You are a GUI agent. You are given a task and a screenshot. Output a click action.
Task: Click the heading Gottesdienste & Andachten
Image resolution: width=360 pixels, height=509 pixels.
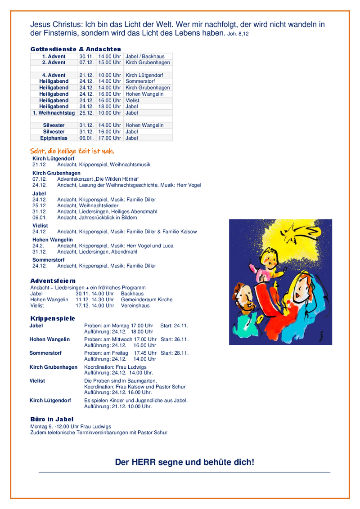[76, 49]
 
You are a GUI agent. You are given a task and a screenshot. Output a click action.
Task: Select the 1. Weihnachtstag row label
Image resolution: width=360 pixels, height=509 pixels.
[54, 113]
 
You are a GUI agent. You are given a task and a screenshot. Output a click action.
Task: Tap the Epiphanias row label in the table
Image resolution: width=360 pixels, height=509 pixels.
[54, 138]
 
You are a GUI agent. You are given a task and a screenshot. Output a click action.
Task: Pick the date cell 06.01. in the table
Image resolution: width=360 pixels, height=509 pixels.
[86, 138]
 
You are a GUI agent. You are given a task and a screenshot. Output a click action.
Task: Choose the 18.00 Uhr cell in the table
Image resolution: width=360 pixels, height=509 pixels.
[110, 107]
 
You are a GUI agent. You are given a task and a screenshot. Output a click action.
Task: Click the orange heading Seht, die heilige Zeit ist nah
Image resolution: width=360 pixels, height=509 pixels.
[72, 151]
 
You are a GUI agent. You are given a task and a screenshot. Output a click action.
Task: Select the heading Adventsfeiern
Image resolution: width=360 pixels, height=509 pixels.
[53, 281]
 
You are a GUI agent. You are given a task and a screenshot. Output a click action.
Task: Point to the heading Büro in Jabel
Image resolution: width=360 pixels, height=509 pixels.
[52, 420]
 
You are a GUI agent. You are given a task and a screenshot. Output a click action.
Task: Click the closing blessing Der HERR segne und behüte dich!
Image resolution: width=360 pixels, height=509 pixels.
[184, 462]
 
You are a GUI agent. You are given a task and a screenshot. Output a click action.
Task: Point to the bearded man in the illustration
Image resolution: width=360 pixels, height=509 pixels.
[243, 300]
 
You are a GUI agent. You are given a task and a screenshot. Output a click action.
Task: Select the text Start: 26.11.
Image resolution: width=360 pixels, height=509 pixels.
[174, 339]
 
